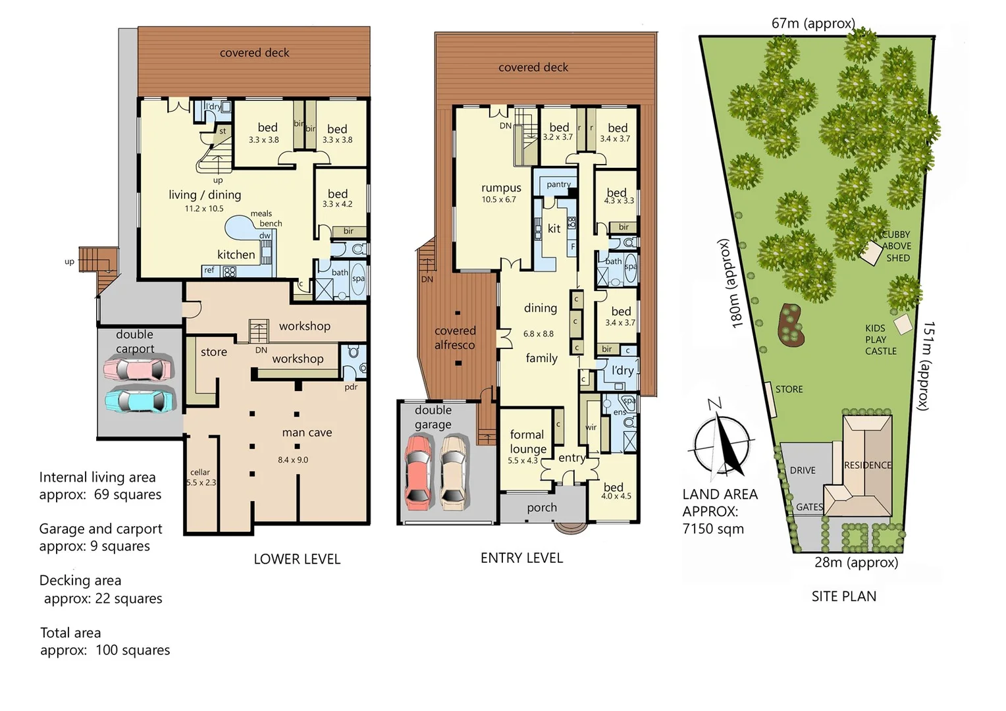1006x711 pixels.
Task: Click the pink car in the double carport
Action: [x=139, y=369]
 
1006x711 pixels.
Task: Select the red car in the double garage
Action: [x=418, y=472]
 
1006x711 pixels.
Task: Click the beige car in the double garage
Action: [x=454, y=472]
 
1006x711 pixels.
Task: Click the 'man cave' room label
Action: [x=307, y=433]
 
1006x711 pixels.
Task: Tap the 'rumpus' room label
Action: [x=501, y=188]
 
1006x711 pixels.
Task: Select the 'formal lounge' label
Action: [x=527, y=442]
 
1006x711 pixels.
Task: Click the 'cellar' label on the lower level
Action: [x=200, y=472]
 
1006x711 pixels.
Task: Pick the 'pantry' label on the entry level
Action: [x=558, y=184]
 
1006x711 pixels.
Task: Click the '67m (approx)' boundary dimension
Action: [x=813, y=24]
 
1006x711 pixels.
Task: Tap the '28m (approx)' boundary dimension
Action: [x=856, y=562]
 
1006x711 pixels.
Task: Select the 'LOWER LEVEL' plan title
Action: [x=297, y=559]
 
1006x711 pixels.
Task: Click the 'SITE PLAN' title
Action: [x=843, y=596]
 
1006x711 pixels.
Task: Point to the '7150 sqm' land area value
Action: [x=713, y=529]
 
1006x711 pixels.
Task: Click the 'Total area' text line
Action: [x=70, y=633]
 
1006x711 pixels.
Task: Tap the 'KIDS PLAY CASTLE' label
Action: [x=880, y=340]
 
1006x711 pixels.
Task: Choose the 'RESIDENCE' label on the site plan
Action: [x=868, y=465]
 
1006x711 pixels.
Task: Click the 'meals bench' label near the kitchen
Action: [x=265, y=219]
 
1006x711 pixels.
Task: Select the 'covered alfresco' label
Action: [x=455, y=338]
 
